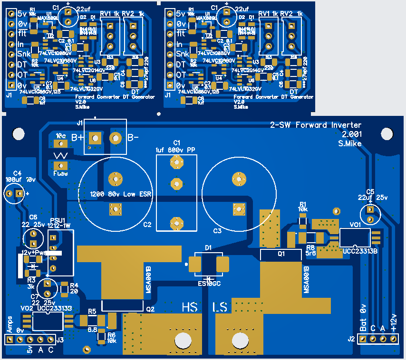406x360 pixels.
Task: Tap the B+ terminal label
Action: (77, 138)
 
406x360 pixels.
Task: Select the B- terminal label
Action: (133, 138)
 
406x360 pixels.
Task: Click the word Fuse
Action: (60, 173)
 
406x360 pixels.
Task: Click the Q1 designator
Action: (281, 254)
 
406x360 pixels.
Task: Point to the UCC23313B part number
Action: (360, 251)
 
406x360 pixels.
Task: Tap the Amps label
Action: (10, 324)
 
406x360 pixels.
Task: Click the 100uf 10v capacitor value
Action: (20, 180)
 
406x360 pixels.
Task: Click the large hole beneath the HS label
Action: (182, 340)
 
